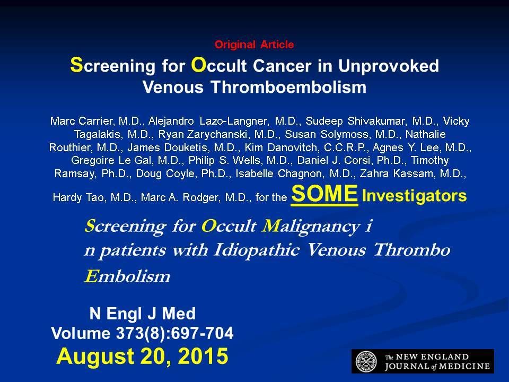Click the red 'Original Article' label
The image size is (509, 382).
[254, 45]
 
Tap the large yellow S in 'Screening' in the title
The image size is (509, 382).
[76, 64]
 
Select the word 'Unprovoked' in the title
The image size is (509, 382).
[389, 66]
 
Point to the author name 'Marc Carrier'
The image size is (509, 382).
[81, 121]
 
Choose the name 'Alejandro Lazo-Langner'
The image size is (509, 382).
[208, 121]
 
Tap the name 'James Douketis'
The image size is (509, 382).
[167, 147]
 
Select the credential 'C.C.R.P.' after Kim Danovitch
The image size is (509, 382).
[345, 147]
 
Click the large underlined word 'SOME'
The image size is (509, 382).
[324, 194]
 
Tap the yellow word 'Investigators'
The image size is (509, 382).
[414, 196]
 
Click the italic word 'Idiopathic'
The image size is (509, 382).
[256, 250]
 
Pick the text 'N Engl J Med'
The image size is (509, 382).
[143, 314]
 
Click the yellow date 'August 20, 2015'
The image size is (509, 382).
[142, 356]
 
